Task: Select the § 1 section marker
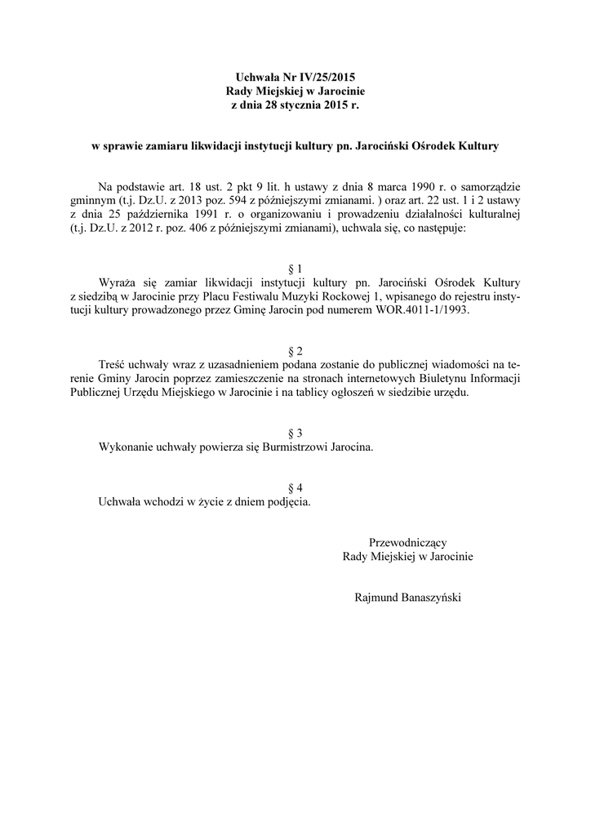[295, 269]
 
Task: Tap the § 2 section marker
[295, 351]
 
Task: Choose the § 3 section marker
[295, 433]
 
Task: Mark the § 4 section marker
[295, 488]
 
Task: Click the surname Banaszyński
[430, 597]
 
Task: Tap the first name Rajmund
[375, 597]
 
